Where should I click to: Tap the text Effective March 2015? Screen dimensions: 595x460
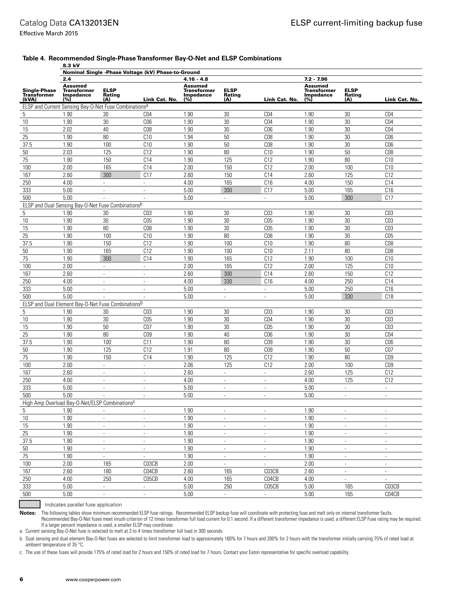click(x=49, y=34)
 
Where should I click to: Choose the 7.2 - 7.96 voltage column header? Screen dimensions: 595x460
click(x=316, y=79)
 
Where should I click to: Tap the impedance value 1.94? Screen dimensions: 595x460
click(x=188, y=137)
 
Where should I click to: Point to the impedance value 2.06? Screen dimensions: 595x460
click(x=188, y=365)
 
